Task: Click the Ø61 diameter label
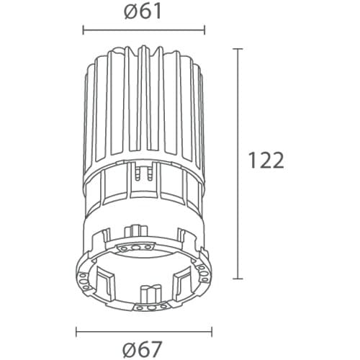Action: (142, 12)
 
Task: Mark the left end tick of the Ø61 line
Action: (84, 30)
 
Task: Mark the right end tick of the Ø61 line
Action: (204, 30)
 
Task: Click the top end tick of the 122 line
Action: (239, 48)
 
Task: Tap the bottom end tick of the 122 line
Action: (239, 279)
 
